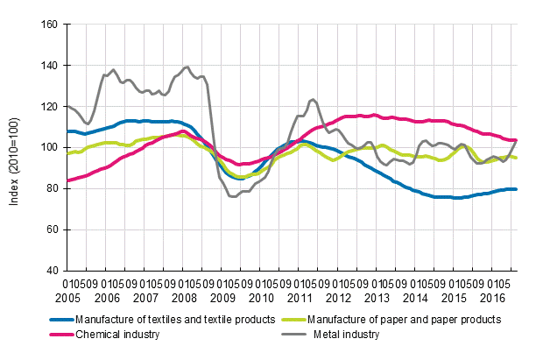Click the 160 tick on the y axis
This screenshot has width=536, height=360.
(48, 25)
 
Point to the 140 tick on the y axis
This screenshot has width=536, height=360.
(48, 66)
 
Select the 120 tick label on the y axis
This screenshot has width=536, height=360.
(48, 107)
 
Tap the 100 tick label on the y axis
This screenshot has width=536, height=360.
(48, 147)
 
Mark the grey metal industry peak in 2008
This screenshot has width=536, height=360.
(186, 67)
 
